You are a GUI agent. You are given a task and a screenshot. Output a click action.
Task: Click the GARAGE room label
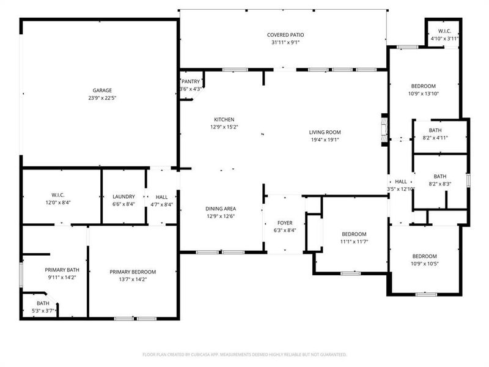(102, 91)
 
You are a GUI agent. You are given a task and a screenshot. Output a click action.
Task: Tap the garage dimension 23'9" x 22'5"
(102, 98)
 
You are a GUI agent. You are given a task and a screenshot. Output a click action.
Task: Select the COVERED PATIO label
(285, 35)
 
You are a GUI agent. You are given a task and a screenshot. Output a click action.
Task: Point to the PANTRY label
(191, 81)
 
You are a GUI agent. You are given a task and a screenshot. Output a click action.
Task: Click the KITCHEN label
(224, 119)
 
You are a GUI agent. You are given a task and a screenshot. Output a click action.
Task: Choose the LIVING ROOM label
(325, 132)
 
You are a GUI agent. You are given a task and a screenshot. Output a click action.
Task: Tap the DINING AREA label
(221, 209)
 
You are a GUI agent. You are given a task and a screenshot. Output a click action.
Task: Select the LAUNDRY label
(123, 196)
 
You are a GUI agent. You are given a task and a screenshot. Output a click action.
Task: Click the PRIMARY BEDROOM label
(133, 272)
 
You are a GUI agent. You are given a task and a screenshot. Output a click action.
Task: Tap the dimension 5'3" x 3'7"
(43, 311)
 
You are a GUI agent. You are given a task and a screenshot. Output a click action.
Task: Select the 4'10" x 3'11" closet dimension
(444, 39)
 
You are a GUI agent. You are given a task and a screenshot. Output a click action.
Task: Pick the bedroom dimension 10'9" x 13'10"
(423, 94)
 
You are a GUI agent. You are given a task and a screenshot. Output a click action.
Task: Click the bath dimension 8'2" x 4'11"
(435, 138)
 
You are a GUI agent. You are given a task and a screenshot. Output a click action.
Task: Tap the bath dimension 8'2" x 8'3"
(439, 183)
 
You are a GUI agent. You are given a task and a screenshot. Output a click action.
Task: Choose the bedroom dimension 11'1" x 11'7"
(354, 242)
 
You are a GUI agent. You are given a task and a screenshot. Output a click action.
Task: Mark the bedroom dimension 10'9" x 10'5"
(424, 264)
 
